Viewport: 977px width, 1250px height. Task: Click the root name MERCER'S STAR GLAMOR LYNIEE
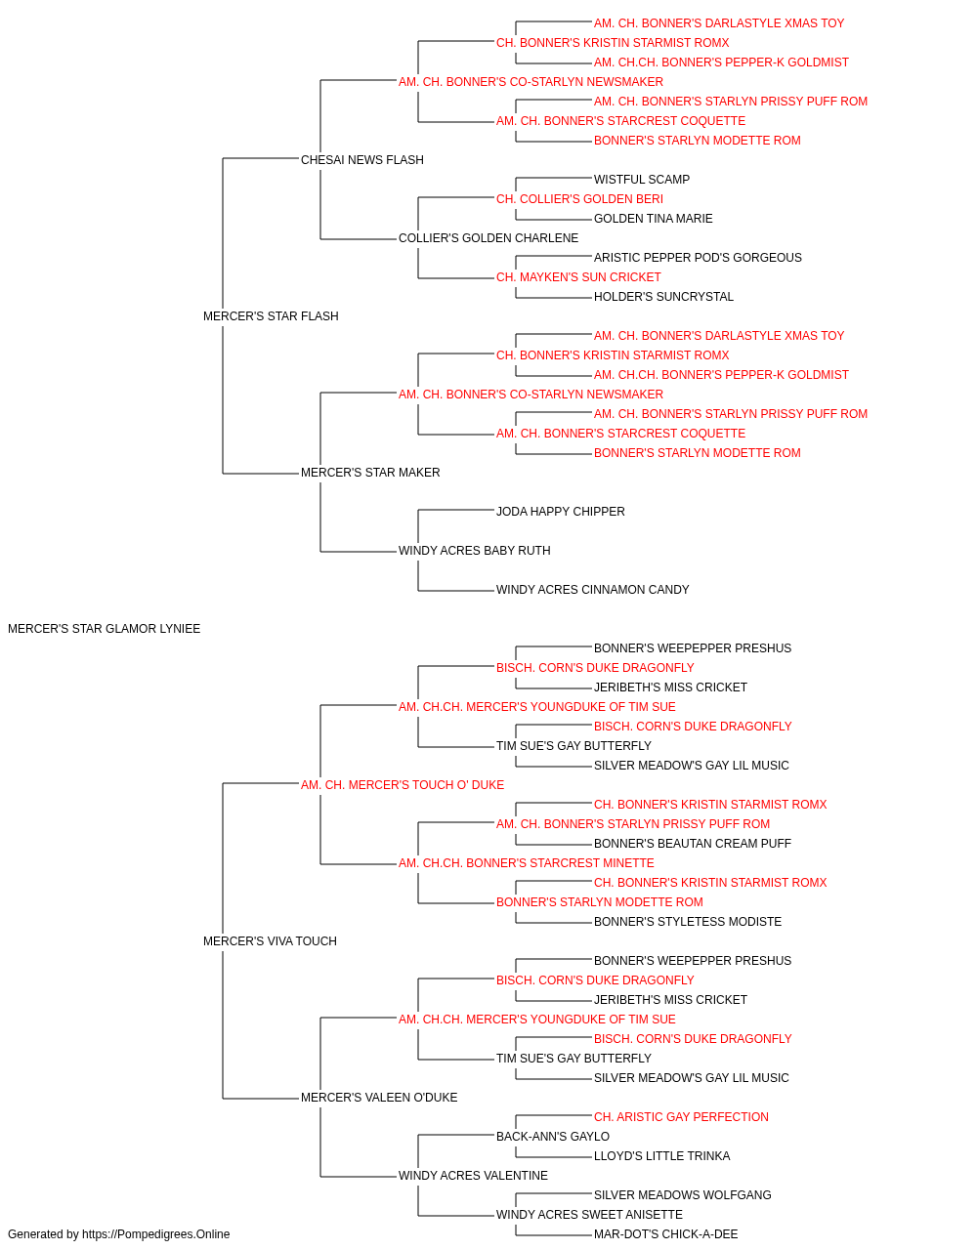105,629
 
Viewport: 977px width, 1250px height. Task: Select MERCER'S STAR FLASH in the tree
271,316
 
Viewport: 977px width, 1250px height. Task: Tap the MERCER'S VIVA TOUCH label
270,941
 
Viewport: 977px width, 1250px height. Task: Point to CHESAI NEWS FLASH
362,160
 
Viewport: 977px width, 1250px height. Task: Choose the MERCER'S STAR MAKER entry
370,473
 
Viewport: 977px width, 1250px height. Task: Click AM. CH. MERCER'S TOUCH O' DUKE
403,784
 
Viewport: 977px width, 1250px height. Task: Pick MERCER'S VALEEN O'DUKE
379,1097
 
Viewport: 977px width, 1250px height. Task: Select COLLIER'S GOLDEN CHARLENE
488,238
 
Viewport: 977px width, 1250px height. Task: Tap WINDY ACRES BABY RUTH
475,551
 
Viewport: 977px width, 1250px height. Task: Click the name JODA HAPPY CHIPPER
561,512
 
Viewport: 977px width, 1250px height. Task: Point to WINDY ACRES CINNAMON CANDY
593,590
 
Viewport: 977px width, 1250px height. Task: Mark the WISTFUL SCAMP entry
642,180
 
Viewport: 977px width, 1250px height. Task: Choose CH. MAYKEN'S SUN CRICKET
578,277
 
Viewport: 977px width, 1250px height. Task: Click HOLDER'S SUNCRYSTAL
664,297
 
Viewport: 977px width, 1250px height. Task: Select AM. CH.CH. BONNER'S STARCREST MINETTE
527,863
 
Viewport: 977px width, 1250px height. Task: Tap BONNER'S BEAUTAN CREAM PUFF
693,844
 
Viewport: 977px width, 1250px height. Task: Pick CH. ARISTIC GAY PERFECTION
681,1116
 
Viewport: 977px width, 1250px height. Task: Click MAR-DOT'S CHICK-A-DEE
665,1234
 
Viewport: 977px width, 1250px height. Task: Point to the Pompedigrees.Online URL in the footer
156,1234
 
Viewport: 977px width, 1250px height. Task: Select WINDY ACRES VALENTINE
474,1175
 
